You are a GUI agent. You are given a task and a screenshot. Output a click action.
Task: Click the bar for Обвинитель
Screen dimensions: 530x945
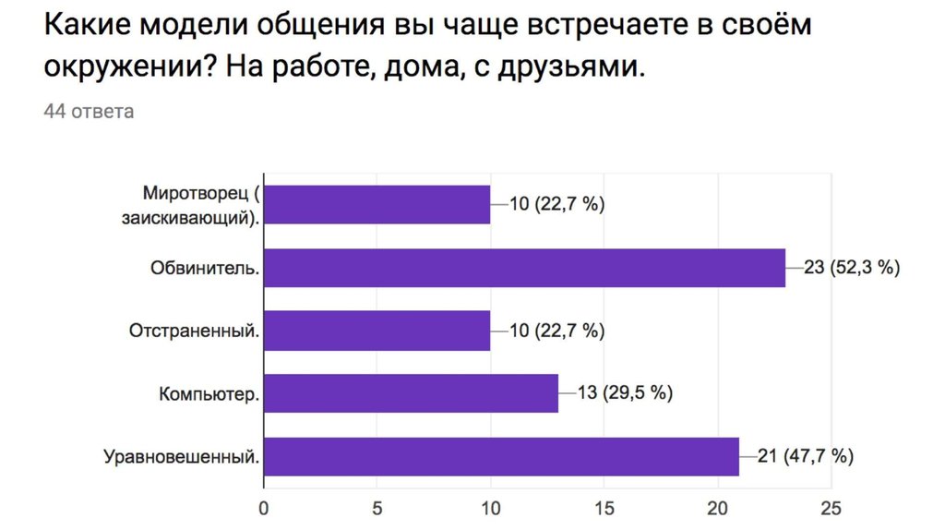(524, 268)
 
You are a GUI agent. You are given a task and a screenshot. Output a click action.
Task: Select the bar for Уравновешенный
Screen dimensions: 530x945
(501, 456)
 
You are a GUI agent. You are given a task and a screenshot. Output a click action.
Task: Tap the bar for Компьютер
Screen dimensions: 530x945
(411, 393)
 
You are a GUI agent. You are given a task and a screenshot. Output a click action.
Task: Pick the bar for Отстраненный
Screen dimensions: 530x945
(377, 331)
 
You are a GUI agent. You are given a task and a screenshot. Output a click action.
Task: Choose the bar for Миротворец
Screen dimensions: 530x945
(377, 204)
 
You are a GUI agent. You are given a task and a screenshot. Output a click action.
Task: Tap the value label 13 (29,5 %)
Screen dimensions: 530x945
(625, 393)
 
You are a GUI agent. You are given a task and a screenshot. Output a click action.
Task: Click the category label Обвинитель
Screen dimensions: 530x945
(205, 268)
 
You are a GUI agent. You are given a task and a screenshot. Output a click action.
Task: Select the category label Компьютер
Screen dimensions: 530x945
(209, 394)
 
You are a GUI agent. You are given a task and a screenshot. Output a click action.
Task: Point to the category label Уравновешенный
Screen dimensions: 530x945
(181, 456)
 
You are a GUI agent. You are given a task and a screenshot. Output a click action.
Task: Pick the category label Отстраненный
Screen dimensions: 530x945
(193, 331)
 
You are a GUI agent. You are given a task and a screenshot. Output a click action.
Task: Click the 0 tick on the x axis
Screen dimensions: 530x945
(264, 507)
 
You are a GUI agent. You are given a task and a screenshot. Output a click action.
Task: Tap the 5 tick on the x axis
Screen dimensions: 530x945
(377, 507)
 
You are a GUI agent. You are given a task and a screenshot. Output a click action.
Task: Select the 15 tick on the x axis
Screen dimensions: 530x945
(604, 507)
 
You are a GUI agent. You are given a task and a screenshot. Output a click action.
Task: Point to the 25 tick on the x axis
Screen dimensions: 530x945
(831, 507)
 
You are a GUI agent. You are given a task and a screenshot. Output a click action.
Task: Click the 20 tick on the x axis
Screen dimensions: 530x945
(717, 507)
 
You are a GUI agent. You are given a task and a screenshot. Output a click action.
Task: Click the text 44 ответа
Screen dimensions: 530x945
(89, 112)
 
